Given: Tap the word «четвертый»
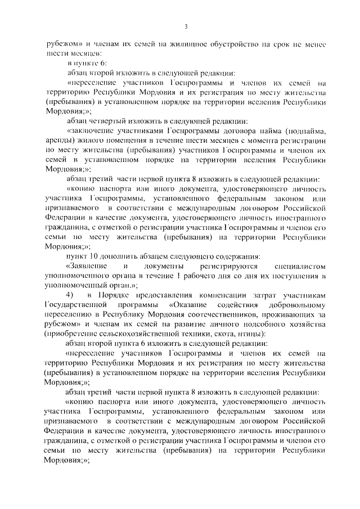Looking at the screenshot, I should point(111,121).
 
